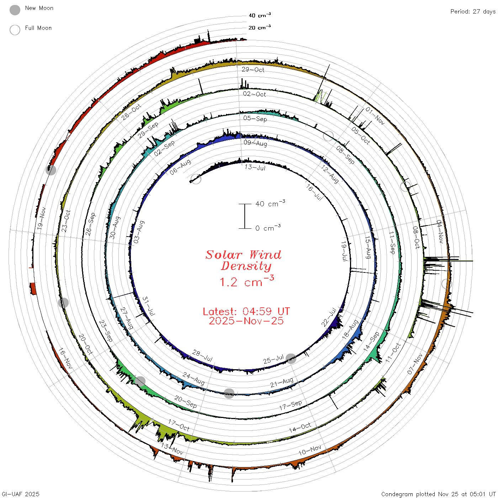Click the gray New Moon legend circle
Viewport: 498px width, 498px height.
point(15,10)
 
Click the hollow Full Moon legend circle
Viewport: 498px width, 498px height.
point(15,30)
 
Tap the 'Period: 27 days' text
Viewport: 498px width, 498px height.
point(473,12)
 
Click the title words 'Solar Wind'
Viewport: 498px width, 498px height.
point(243,255)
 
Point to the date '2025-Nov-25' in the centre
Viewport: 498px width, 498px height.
point(246,321)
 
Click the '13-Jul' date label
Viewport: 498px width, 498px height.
point(255,168)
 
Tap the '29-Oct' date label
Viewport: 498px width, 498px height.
point(253,69)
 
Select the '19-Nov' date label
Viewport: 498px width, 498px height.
point(41,218)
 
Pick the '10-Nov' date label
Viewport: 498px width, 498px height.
point(310,450)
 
